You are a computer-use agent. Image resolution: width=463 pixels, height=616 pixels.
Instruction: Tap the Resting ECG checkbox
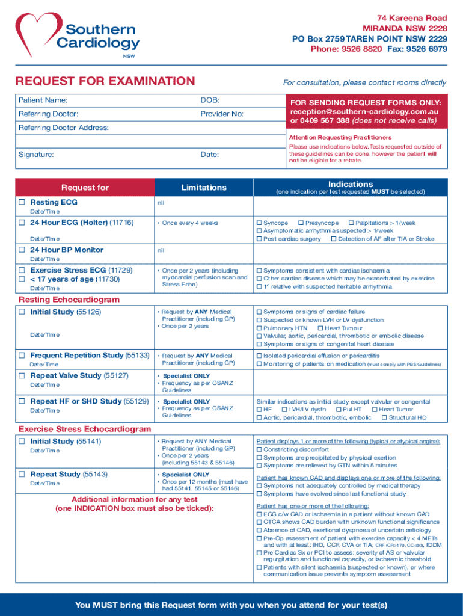pos(22,202)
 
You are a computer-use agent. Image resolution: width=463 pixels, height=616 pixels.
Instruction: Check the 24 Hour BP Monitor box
pos(22,250)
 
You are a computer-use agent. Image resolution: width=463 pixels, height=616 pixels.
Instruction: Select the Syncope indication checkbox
pos(260,223)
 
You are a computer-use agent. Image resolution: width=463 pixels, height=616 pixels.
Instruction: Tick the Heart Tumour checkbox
pos(320,328)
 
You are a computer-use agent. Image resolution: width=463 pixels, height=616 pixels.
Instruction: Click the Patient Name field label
pos(43,100)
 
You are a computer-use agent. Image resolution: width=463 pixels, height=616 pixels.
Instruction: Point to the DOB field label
pos(210,100)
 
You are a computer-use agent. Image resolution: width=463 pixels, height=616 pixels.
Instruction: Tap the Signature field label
pos(36,155)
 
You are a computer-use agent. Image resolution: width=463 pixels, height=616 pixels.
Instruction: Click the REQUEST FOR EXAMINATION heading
pos(105,81)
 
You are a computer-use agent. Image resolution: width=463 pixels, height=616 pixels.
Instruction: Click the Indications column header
pos(351,184)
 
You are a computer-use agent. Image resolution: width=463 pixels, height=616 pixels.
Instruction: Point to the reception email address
pos(364,112)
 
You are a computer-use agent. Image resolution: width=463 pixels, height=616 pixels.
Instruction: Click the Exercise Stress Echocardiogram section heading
pos(85,429)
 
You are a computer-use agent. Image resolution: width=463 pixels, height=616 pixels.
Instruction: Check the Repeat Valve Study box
pos(22,375)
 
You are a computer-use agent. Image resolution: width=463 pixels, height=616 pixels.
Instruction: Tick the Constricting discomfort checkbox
pos(260,449)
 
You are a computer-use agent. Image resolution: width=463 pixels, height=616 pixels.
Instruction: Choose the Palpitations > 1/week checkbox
pos(351,223)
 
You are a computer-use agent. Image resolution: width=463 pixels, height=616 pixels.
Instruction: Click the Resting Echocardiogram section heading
pos(69,300)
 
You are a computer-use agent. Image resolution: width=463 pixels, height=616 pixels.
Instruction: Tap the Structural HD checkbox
pos(384,417)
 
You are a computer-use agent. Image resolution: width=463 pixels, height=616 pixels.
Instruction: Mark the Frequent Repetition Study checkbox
pos(22,355)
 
